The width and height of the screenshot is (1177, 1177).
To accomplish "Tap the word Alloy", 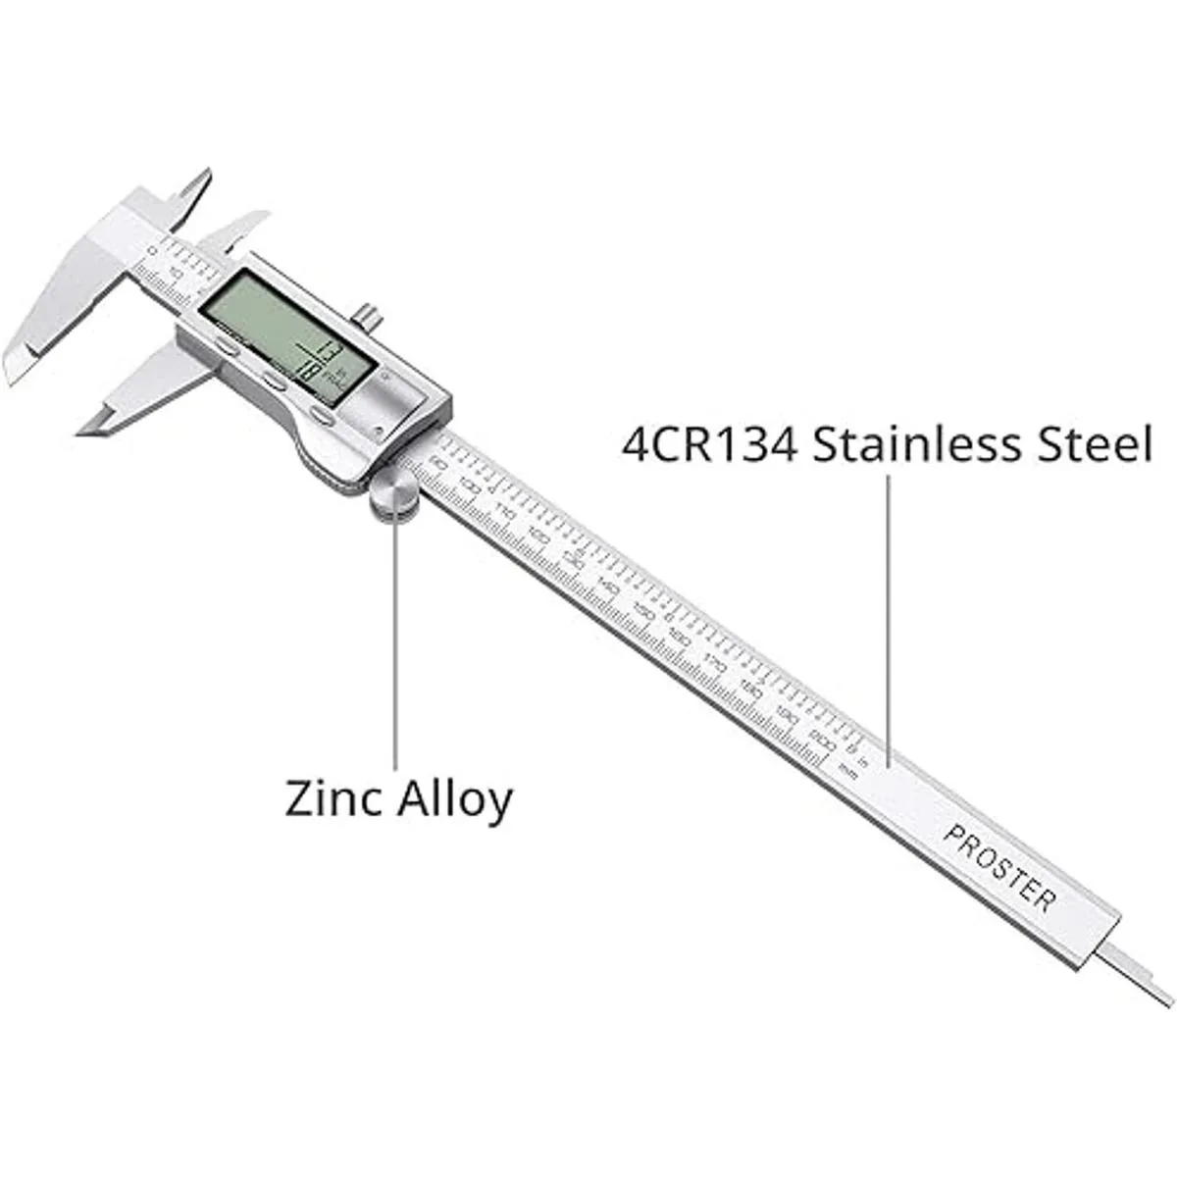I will (x=453, y=801).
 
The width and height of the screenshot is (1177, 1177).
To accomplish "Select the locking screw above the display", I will (x=368, y=317).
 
